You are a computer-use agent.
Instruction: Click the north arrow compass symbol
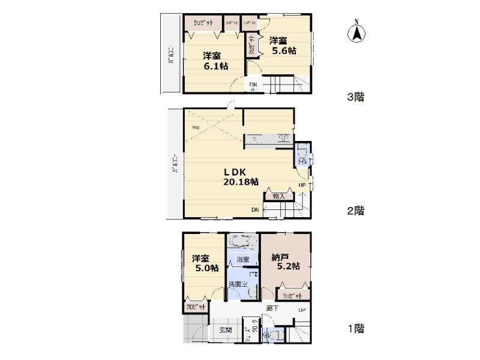click(356, 33)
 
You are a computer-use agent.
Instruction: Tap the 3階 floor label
click(356, 97)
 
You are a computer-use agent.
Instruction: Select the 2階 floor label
click(356, 211)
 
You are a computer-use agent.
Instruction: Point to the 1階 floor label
click(356, 329)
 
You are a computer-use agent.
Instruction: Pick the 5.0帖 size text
click(206, 269)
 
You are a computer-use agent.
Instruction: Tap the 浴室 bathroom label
click(242, 260)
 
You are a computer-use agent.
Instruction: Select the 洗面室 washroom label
click(238, 283)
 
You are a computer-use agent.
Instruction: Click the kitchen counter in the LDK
click(268, 140)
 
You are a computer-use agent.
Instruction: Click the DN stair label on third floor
click(253, 85)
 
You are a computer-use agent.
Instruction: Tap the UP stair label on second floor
click(302, 185)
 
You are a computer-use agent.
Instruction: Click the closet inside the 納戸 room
click(293, 295)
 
